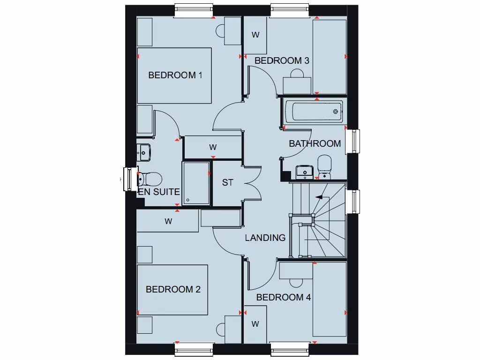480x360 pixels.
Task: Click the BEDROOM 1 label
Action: click(x=175, y=75)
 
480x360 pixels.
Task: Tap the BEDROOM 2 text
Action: click(x=173, y=289)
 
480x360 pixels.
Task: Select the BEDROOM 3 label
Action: click(x=282, y=60)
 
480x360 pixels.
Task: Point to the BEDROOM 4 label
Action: click(x=284, y=297)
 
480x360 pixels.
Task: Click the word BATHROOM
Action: click(x=315, y=143)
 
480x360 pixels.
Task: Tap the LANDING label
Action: click(x=265, y=238)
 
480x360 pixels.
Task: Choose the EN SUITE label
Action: click(x=159, y=192)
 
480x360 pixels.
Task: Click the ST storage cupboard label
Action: click(x=227, y=183)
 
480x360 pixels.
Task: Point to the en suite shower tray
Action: click(x=196, y=183)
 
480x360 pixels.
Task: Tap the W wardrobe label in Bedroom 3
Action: click(x=255, y=35)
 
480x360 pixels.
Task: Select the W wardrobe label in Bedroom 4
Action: click(x=255, y=324)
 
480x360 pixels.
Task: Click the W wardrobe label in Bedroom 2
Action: click(x=168, y=221)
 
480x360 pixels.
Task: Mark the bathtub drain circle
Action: click(x=336, y=112)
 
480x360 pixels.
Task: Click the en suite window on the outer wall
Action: click(x=127, y=179)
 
